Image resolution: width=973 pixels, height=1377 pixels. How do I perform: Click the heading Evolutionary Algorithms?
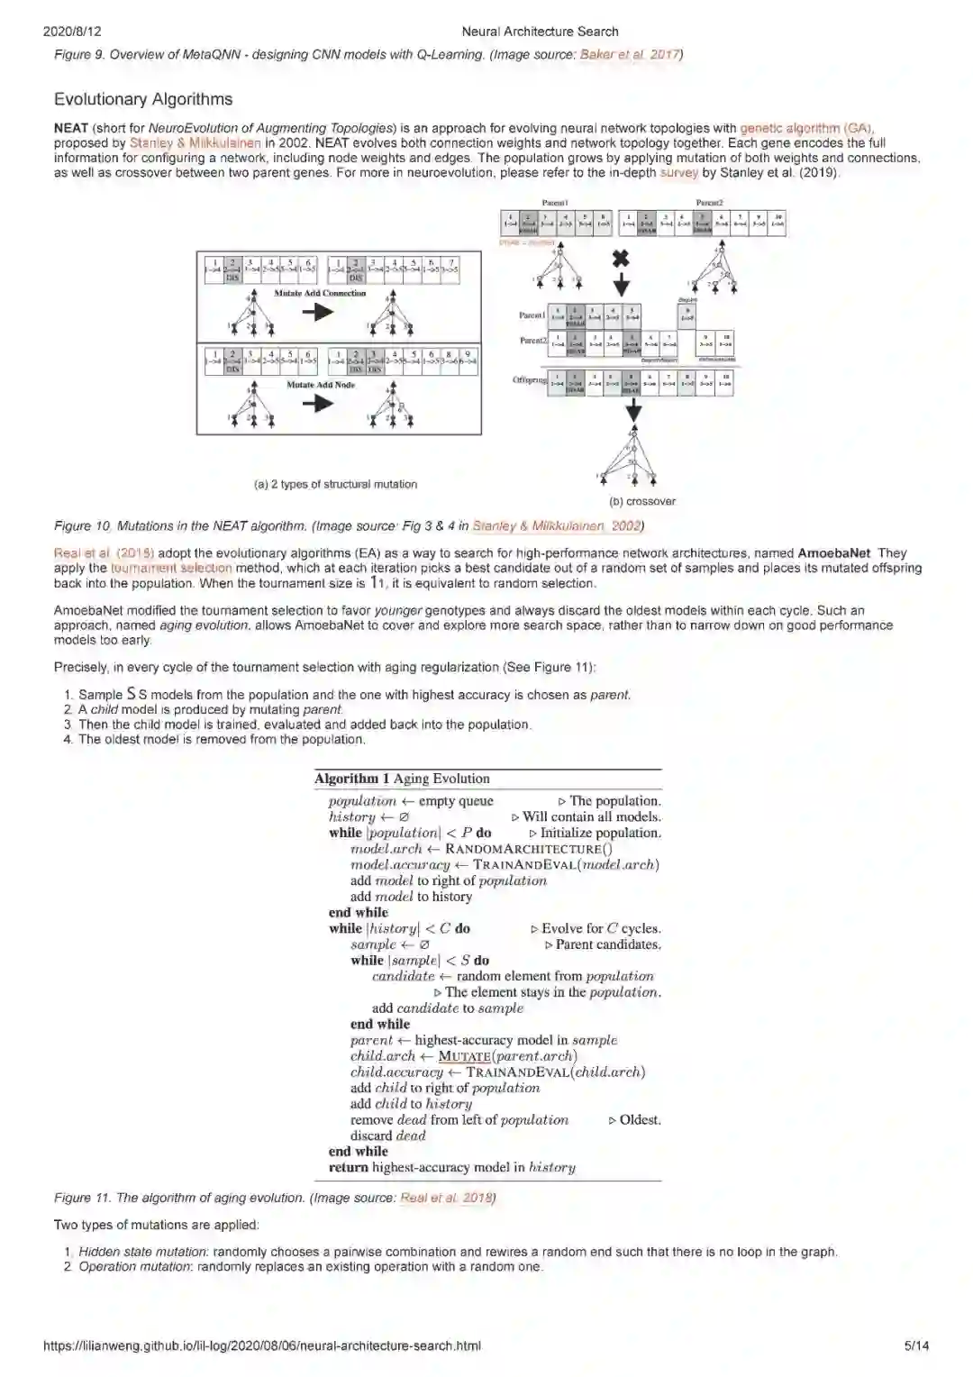(x=143, y=99)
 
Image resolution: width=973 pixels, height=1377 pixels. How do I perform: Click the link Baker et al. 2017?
(x=629, y=54)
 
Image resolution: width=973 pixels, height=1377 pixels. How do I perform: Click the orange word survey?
(x=678, y=172)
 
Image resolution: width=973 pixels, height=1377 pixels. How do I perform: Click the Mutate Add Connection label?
(x=320, y=293)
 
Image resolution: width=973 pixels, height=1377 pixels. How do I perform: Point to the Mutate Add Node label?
(x=320, y=385)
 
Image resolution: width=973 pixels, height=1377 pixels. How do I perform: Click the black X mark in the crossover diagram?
(x=621, y=259)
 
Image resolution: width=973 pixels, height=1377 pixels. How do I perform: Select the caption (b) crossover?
(x=642, y=501)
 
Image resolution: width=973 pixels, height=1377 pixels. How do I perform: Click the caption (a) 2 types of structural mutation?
(x=335, y=484)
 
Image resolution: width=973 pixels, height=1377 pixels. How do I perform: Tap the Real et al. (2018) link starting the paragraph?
(x=104, y=552)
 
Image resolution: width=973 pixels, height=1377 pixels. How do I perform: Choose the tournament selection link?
(x=171, y=568)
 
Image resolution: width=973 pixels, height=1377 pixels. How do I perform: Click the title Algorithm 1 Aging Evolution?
(x=402, y=779)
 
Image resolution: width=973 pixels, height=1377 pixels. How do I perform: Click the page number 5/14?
(x=916, y=1345)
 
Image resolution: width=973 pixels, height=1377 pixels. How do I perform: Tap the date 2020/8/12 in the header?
(x=72, y=32)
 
